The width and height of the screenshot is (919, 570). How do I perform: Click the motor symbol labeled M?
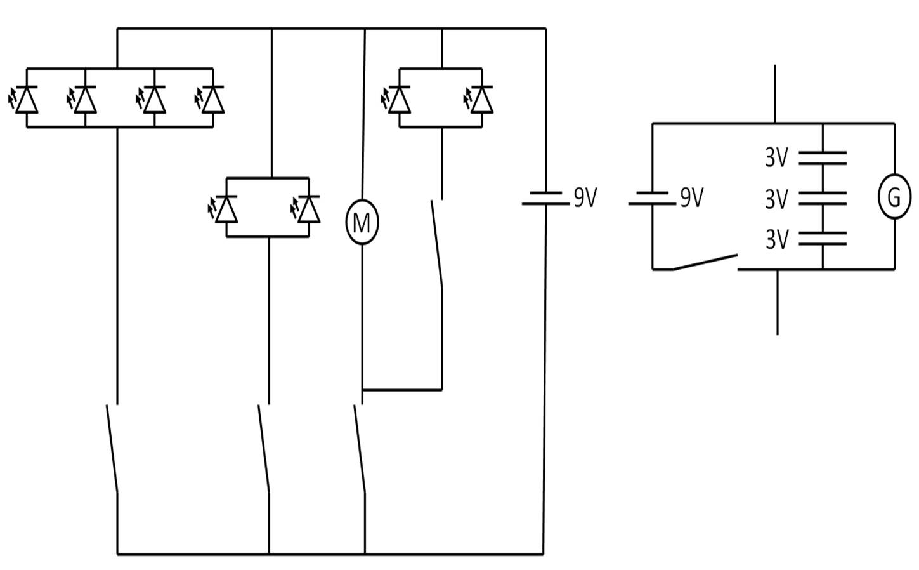pyautogui.click(x=362, y=222)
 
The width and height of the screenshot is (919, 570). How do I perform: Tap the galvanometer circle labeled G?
pyautogui.click(x=894, y=197)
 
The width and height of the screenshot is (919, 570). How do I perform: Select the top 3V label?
pyautogui.click(x=776, y=157)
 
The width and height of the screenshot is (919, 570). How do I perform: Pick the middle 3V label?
pyautogui.click(x=776, y=199)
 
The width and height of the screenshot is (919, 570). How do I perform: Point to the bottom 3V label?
pyautogui.click(x=776, y=240)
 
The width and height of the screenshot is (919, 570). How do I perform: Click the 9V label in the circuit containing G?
pyautogui.click(x=692, y=198)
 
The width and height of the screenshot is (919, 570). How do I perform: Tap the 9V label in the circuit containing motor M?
pyautogui.click(x=585, y=198)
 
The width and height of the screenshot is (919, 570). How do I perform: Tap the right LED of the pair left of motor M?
pyautogui.click(x=309, y=209)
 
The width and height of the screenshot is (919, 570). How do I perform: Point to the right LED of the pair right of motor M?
pyautogui.click(x=482, y=99)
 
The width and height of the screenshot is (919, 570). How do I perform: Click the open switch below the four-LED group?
pyautogui.click(x=113, y=447)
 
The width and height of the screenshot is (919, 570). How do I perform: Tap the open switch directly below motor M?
pyautogui.click(x=360, y=447)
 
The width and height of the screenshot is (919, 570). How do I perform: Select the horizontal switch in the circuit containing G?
pyautogui.click(x=704, y=262)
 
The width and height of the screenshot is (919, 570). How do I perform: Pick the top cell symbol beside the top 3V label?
pyautogui.click(x=823, y=158)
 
